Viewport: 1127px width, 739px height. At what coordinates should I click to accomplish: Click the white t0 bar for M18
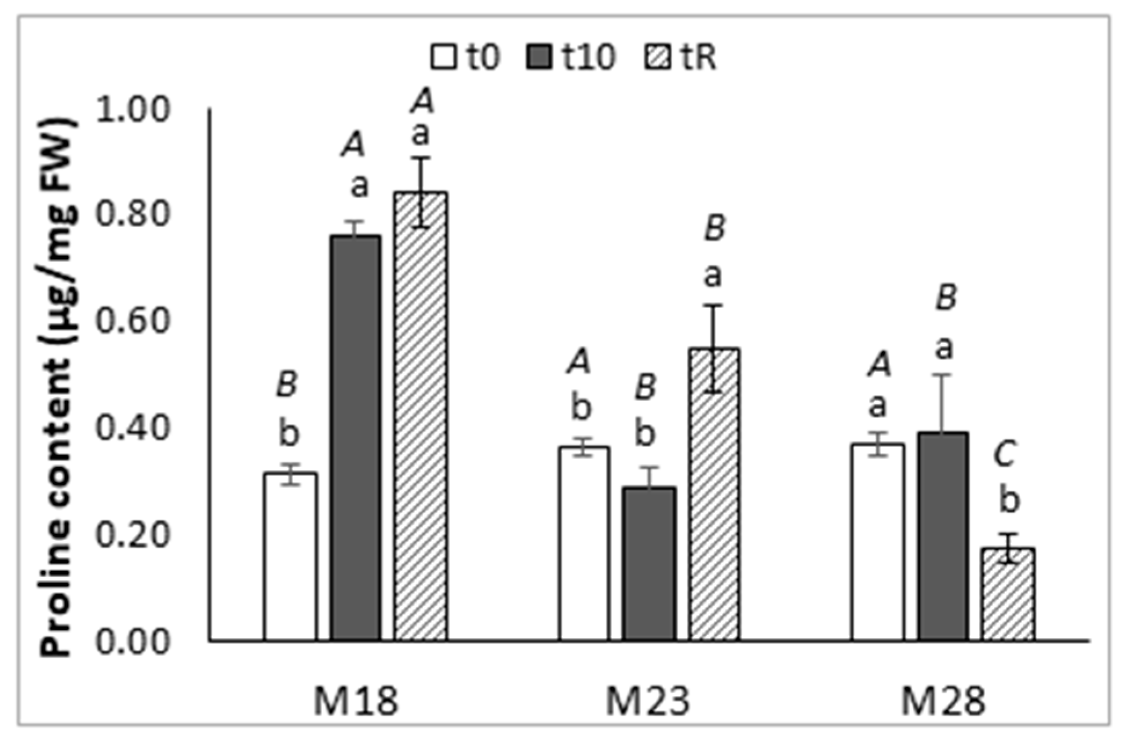tap(290, 556)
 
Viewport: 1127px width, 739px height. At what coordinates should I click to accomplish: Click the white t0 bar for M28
tap(878, 542)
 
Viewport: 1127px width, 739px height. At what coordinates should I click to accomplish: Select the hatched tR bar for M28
tap(1008, 594)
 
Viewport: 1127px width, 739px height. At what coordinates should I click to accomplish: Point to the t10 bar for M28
tap(943, 536)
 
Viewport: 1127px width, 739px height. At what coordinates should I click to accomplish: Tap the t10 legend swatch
tap(539, 58)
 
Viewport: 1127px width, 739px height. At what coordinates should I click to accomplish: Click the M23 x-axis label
tap(648, 701)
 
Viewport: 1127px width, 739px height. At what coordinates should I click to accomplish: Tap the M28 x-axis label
tap(943, 701)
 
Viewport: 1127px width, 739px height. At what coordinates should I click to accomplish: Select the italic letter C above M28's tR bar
tap(1005, 455)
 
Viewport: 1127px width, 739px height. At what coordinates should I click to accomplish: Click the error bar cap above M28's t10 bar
tap(943, 375)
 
